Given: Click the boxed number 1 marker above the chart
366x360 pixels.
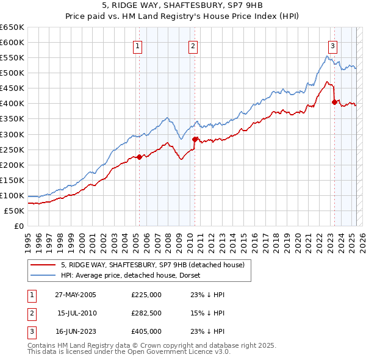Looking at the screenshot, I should [x=138, y=45].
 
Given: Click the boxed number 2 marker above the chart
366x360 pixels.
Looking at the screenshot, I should [x=193, y=45].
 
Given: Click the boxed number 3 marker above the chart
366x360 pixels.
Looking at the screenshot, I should [x=332, y=45].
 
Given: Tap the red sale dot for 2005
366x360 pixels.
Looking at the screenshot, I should [x=139, y=157].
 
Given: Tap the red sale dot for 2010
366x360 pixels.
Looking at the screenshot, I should [x=195, y=139].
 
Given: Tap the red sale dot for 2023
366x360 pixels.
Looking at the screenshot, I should [x=334, y=102].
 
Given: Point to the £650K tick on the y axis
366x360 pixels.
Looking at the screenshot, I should [x=12, y=27].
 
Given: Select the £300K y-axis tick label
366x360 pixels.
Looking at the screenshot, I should [x=12, y=134].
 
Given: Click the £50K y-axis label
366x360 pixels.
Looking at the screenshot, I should [x=14, y=211].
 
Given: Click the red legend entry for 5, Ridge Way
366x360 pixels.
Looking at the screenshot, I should [x=152, y=265].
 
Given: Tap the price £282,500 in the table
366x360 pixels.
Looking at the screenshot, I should [x=146, y=313].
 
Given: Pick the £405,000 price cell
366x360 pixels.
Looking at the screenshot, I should [x=146, y=331].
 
